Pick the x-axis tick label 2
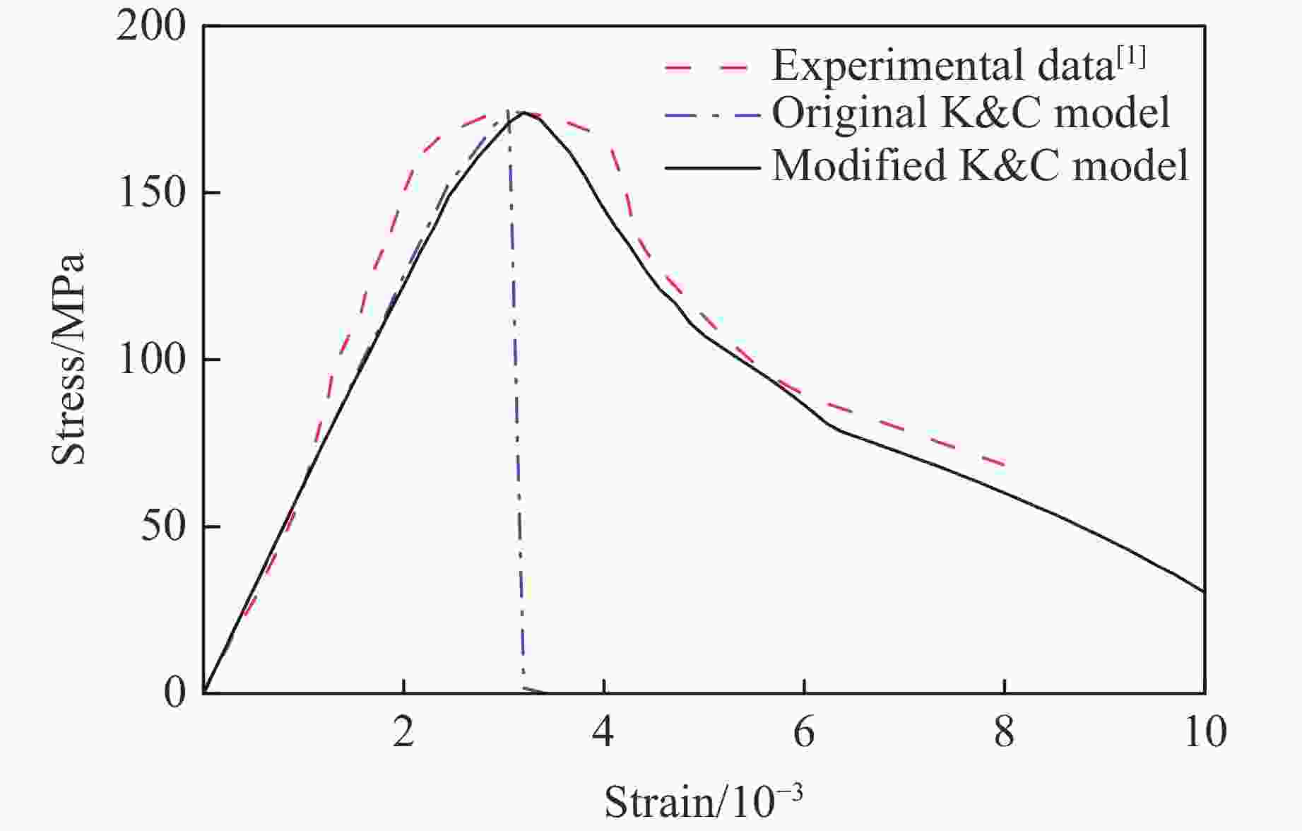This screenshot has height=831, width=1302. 403,733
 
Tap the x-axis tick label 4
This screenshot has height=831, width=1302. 603,733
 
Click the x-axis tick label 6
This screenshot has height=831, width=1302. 804,733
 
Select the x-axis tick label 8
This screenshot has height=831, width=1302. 1004,733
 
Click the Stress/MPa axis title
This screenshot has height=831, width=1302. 69,359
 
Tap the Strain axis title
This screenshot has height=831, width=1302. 703,802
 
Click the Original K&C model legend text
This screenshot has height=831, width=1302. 971,113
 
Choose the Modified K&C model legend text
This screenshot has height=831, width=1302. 980,165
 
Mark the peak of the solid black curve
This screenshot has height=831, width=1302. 524,112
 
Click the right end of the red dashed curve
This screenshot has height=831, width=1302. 1004,464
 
